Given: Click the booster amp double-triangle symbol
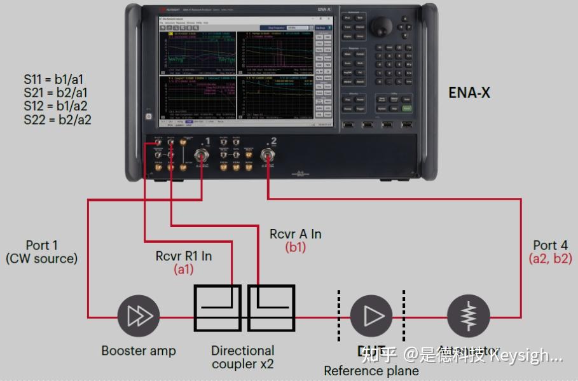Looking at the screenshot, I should click(x=139, y=316).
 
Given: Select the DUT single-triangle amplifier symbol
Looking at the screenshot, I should click(x=371, y=316).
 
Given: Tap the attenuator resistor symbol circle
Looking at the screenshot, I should click(x=469, y=316).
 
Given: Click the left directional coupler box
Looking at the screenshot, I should click(x=217, y=308).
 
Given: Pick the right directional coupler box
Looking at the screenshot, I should click(x=271, y=308).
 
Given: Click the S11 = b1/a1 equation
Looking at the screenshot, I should click(x=54, y=80).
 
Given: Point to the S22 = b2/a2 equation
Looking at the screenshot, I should click(x=57, y=119).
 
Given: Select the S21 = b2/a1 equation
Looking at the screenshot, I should click(x=55, y=93).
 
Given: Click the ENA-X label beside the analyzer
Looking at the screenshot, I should click(x=469, y=93).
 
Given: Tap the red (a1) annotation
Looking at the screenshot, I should click(x=184, y=269).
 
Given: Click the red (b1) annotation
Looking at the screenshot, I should click(x=295, y=247).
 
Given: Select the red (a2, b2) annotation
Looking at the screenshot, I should click(x=550, y=259).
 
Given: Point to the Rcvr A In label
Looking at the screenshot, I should click(x=295, y=234).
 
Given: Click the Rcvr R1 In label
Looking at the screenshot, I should click(x=184, y=256).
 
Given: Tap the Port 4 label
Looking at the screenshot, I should click(x=550, y=246).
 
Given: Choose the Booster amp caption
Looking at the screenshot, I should click(x=139, y=350).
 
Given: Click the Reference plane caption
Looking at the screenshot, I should click(x=371, y=371).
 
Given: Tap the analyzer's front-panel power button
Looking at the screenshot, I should click(x=148, y=117).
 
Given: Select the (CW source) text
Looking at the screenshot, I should click(x=41, y=259).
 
